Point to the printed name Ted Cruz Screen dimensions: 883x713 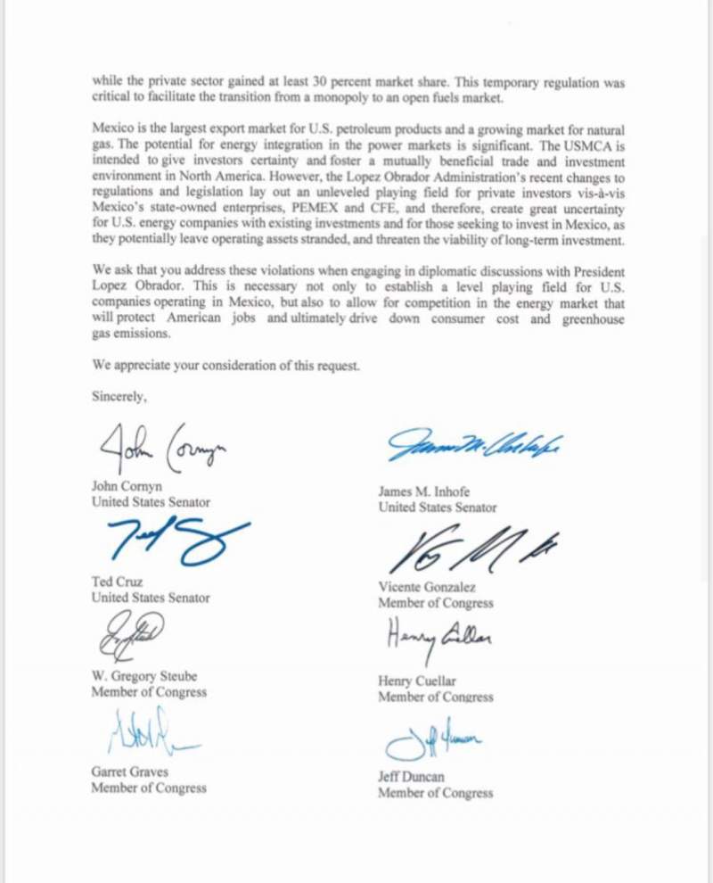(117, 582)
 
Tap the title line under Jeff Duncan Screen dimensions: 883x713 (435, 793)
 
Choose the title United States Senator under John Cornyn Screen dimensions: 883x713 (151, 502)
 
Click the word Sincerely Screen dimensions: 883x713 (119, 398)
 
